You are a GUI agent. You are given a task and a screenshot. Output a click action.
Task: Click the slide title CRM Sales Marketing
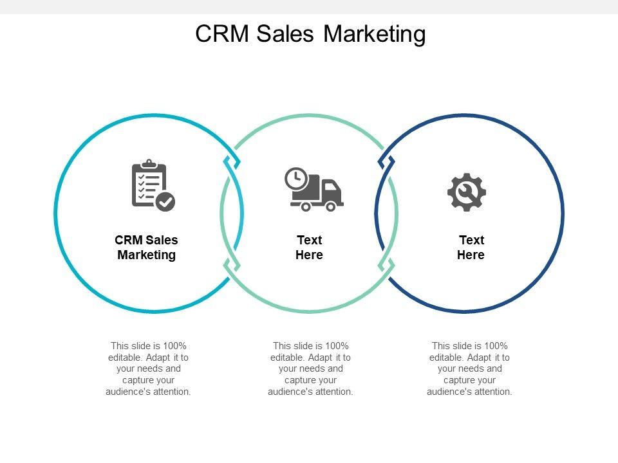310,33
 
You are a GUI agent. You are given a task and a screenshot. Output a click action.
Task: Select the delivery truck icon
314,190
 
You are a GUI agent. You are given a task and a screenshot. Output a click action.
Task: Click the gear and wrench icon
467,192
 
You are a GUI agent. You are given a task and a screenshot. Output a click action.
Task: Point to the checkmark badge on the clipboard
166,201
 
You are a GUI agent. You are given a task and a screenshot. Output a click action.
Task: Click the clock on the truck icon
296,179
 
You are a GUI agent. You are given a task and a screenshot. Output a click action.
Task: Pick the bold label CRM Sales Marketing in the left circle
147,248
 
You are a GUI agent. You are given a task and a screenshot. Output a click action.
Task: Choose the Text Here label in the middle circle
309,248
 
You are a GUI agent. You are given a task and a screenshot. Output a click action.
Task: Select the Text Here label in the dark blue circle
471,248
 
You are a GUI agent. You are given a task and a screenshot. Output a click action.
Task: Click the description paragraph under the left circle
148,368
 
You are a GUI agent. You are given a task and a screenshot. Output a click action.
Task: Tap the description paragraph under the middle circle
310,368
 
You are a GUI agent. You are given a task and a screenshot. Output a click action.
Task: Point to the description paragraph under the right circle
469,368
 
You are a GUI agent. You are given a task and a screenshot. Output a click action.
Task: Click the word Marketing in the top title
375,33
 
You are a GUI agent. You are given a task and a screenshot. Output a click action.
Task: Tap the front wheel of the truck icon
331,206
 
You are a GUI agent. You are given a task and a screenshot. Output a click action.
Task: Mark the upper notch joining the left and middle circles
232,161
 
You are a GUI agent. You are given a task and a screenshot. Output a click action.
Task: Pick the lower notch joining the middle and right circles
387,264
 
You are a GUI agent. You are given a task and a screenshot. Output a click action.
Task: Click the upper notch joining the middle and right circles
387,161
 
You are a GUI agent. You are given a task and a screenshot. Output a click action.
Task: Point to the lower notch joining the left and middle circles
232,264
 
